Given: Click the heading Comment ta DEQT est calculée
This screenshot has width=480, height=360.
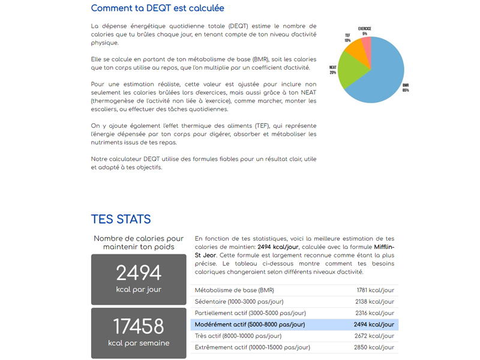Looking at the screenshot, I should pyautogui.click(x=158, y=8).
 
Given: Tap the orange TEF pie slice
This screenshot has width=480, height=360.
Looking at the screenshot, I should pyautogui.click(x=356, y=47).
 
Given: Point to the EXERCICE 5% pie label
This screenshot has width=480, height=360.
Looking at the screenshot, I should pyautogui.click(x=364, y=31).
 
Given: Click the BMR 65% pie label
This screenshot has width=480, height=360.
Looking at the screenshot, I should pyautogui.click(x=406, y=88).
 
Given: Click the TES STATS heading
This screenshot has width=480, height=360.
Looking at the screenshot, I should pyautogui.click(x=121, y=219).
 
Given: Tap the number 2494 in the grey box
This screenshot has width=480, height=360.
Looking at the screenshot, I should pyautogui.click(x=139, y=273).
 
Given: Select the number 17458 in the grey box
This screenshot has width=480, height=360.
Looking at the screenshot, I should pyautogui.click(x=139, y=326).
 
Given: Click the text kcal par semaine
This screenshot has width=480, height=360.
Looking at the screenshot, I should pyautogui.click(x=139, y=343).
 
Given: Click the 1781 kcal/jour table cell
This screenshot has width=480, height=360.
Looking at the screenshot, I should pyautogui.click(x=375, y=290).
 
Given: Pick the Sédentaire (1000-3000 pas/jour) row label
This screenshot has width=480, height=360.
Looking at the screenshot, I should pyautogui.click(x=239, y=302).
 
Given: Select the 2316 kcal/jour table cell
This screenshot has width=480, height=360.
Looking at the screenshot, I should pyautogui.click(x=375, y=313).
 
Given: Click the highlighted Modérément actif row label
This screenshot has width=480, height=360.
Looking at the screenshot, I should pyautogui.click(x=250, y=325).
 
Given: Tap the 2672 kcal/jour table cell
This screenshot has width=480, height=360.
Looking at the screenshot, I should pyautogui.click(x=375, y=336).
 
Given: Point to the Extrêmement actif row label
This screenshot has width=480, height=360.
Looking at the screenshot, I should pyautogui.click(x=252, y=347).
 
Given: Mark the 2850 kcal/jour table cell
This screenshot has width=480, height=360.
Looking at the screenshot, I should pyautogui.click(x=375, y=347).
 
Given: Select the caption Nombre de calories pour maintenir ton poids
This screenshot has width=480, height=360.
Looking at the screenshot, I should pyautogui.click(x=139, y=242).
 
